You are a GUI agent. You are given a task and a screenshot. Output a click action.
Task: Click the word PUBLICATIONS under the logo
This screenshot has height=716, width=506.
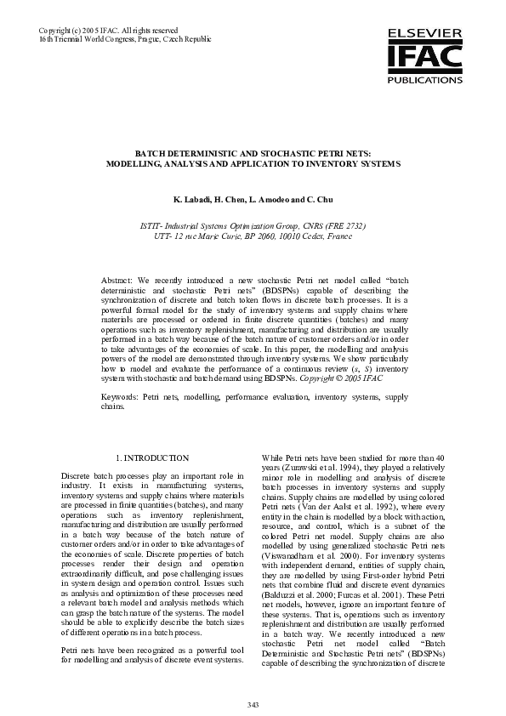pyautogui.click(x=424, y=80)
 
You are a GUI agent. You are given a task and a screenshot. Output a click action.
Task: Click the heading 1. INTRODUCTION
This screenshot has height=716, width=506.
pyautogui.click(x=152, y=458)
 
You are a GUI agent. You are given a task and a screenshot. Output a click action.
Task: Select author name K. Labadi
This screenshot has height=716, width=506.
pyautogui.click(x=191, y=199)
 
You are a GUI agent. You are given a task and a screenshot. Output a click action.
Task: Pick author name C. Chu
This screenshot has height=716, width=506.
pyautogui.click(x=319, y=199)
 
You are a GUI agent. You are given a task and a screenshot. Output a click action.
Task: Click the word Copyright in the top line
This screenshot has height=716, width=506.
pyautogui.click(x=56, y=31)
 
